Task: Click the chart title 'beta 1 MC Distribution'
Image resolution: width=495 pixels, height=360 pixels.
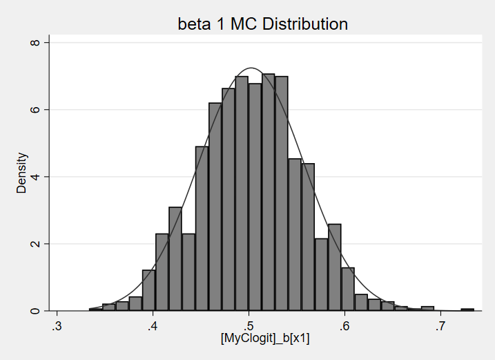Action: click(x=262, y=25)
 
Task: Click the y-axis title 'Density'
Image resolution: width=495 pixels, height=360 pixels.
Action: click(x=22, y=173)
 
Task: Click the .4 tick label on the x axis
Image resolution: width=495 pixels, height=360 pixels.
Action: click(x=153, y=325)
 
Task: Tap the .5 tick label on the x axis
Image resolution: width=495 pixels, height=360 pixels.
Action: click(x=249, y=325)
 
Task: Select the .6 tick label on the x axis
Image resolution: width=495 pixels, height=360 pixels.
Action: click(x=344, y=325)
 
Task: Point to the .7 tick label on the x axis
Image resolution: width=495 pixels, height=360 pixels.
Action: click(x=440, y=325)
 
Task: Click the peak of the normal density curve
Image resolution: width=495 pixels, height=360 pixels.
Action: click(x=251, y=68)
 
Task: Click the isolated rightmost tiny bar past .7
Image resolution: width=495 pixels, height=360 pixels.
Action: click(x=467, y=310)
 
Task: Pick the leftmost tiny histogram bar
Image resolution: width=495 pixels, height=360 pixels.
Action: click(x=95, y=310)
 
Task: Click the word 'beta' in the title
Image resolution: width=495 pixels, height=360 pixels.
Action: click(x=194, y=25)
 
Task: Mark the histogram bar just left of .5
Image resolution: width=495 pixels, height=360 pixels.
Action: click(x=242, y=193)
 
